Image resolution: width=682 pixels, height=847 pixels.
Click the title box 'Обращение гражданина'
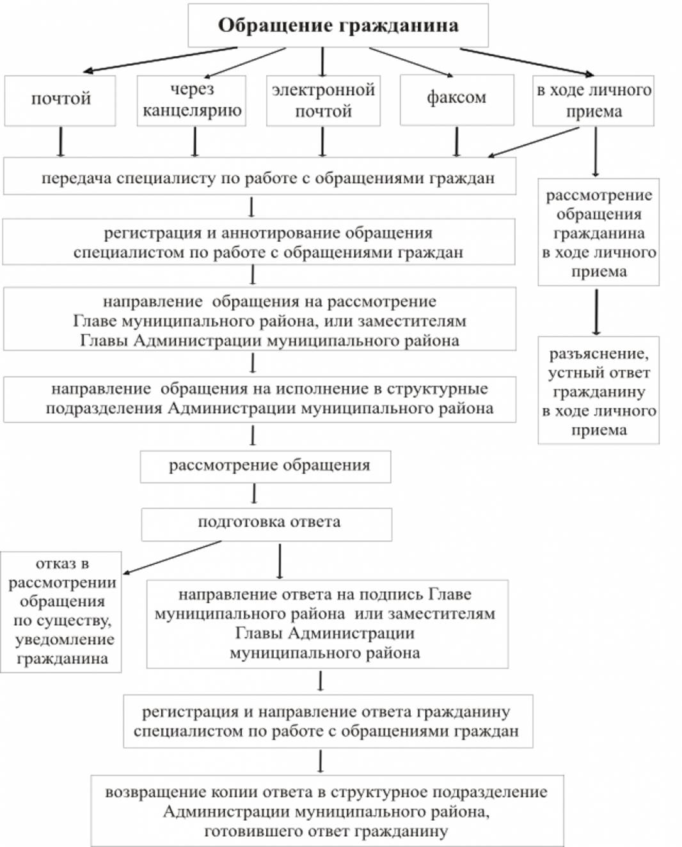(x=338, y=26)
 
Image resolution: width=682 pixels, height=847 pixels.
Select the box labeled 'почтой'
(x=60, y=100)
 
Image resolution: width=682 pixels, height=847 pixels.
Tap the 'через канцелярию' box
(x=191, y=100)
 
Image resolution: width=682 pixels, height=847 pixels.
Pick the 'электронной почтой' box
(x=323, y=100)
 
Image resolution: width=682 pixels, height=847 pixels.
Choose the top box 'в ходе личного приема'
(x=593, y=100)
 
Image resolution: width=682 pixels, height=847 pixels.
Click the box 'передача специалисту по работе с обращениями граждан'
(x=259, y=178)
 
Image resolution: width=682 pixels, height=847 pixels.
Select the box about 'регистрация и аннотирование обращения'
(x=259, y=242)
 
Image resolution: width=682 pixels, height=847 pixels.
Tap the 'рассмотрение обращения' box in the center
(x=266, y=466)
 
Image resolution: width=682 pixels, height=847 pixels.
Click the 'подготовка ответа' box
(x=266, y=524)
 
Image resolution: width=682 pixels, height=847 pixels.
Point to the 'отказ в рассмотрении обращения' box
(x=61, y=612)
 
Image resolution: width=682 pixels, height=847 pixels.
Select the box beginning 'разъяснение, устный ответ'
(x=598, y=391)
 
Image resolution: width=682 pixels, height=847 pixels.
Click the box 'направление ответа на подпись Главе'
(x=327, y=624)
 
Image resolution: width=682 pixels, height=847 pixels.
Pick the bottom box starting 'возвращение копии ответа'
(x=327, y=811)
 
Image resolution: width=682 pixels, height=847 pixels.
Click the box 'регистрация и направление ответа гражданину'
(x=328, y=721)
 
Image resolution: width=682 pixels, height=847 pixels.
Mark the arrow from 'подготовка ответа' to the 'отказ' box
(x=171, y=557)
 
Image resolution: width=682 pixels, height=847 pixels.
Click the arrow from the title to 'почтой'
(x=160, y=59)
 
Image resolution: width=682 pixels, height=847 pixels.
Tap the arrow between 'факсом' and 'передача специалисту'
(x=456, y=141)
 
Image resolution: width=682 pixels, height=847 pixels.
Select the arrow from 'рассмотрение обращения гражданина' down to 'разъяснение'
(x=596, y=311)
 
